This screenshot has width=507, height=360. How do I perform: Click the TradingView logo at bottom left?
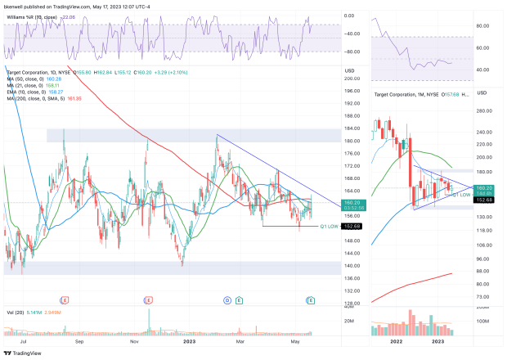[25, 353]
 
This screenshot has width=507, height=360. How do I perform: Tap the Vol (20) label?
[14, 312]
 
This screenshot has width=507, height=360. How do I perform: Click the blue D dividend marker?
[227, 300]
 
